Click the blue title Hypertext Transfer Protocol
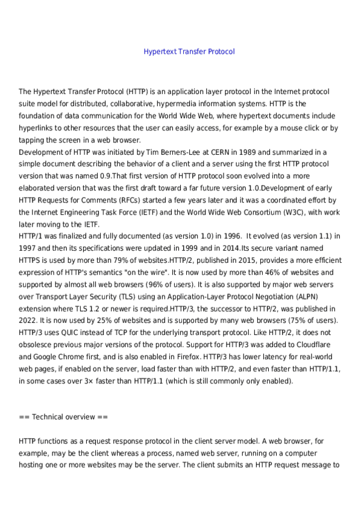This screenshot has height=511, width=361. (x=189, y=52)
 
